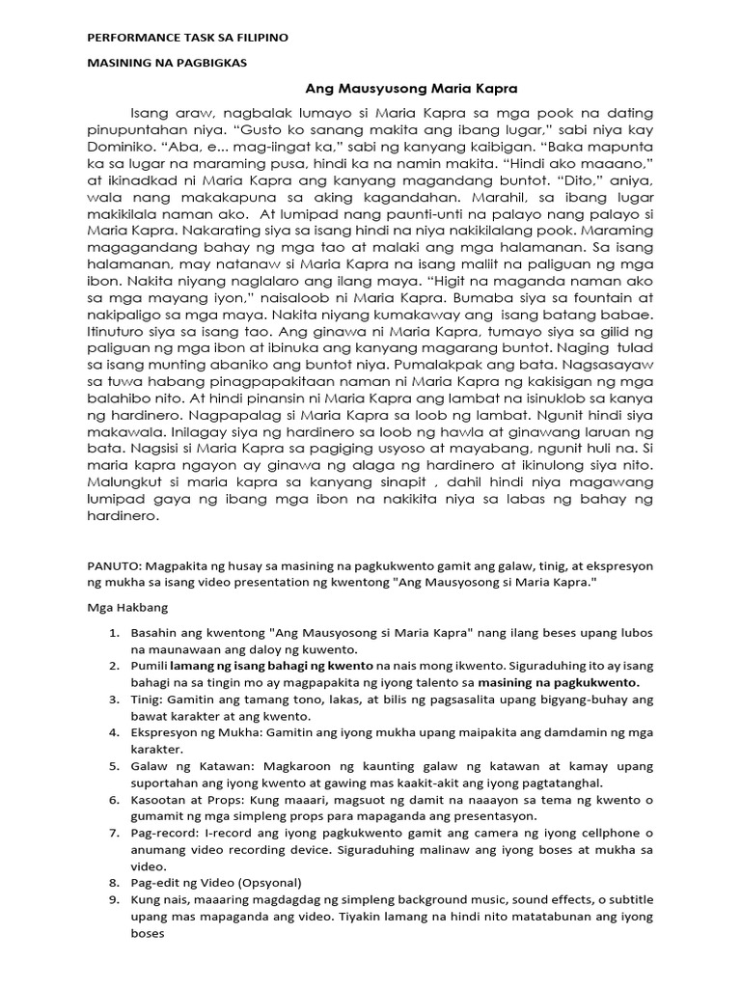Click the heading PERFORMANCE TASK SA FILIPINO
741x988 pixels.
coord(188,37)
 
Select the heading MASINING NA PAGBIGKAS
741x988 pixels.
coord(167,63)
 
